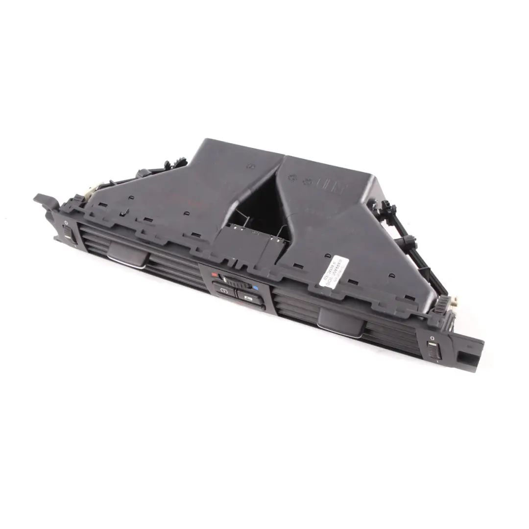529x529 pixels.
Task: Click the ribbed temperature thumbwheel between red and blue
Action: (x=235, y=283)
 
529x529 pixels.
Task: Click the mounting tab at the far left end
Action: (x=43, y=200)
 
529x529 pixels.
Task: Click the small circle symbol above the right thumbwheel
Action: (x=432, y=339)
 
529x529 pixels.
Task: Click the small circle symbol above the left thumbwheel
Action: (x=65, y=223)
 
